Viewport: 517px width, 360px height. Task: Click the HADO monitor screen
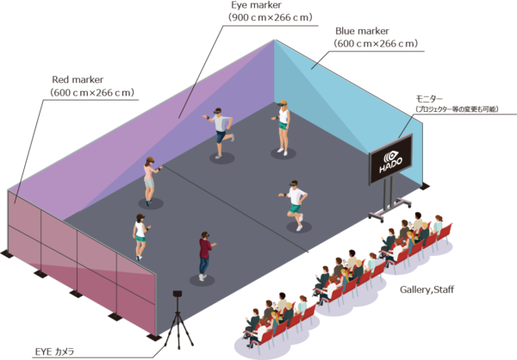point(391,163)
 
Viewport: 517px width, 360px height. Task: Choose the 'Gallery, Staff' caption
point(427,289)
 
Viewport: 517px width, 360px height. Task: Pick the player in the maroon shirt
point(204,253)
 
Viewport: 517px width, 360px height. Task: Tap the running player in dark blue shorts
point(221,131)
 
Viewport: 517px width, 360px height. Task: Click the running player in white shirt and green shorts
point(296,204)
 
